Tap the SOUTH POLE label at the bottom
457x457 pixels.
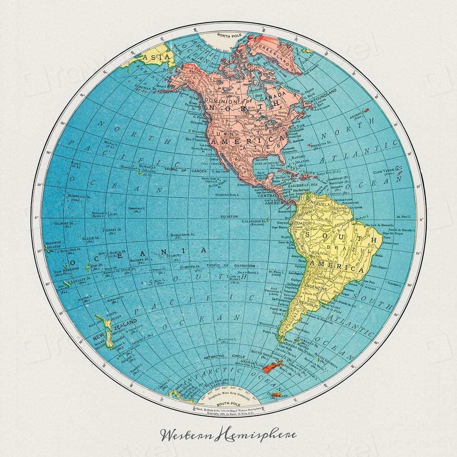[x=228, y=404]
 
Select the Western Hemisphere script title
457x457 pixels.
[x=228, y=435]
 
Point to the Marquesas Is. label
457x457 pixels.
[x=182, y=235]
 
